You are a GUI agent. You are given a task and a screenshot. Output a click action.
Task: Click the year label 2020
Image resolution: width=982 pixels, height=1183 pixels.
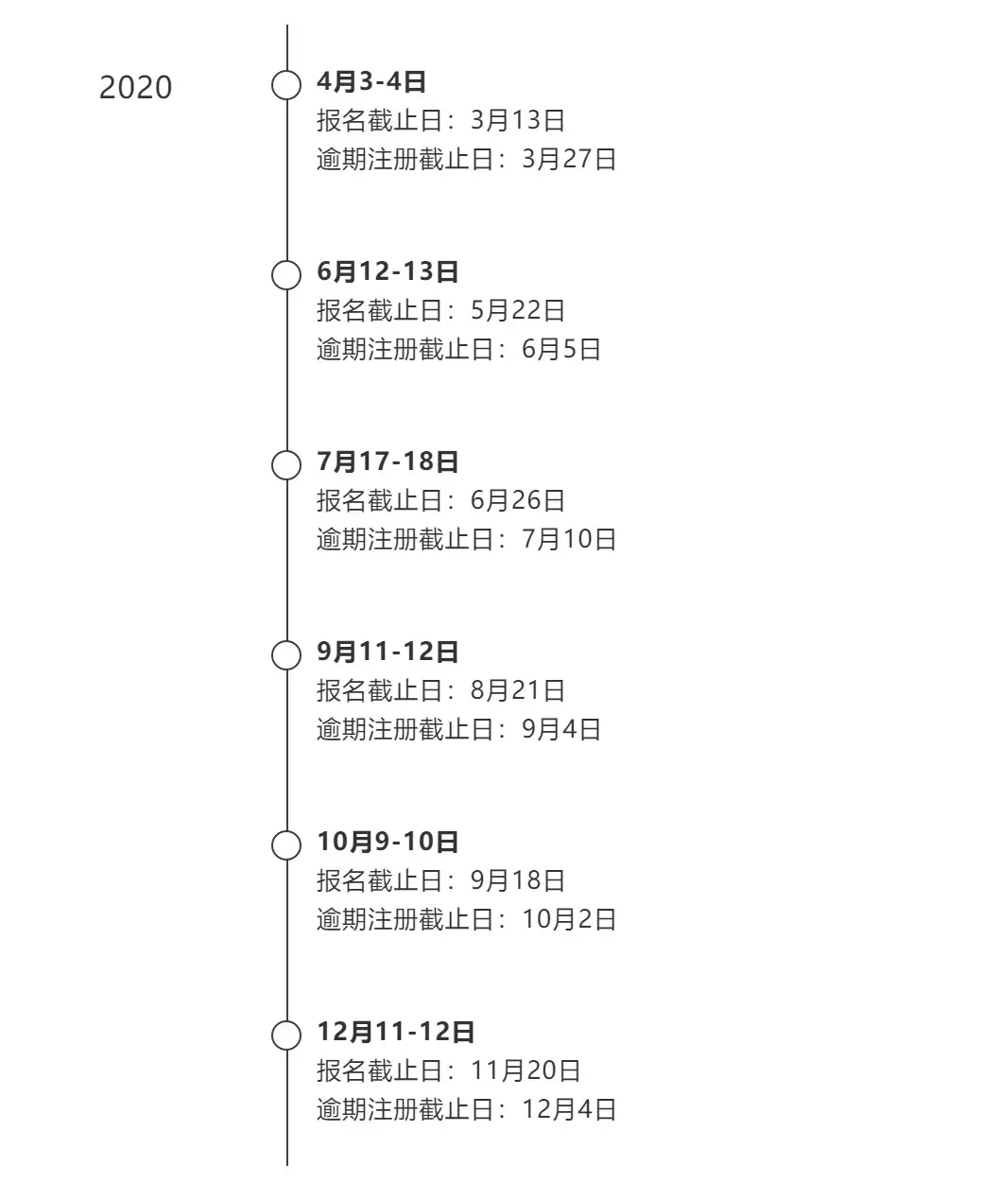(x=135, y=87)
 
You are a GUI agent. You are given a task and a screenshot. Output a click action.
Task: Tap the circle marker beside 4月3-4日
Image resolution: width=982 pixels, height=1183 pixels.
(x=273, y=85)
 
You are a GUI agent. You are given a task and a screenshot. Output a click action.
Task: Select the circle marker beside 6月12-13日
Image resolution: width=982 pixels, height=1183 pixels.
(x=273, y=275)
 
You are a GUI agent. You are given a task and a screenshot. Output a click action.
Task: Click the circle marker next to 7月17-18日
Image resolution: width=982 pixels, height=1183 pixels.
(x=273, y=465)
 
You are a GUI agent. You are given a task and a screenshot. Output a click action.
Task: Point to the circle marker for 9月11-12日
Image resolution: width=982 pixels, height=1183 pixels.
(x=273, y=655)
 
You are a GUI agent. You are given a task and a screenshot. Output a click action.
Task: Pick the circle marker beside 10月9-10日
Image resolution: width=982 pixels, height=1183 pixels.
(x=273, y=845)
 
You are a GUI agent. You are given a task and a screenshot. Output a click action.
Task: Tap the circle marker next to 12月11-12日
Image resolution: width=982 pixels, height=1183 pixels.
(x=273, y=1035)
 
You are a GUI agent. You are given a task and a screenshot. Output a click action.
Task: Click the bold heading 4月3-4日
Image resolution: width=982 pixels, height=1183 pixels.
(x=370, y=81)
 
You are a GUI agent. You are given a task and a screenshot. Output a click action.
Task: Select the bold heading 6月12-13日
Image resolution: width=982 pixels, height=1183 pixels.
(x=388, y=271)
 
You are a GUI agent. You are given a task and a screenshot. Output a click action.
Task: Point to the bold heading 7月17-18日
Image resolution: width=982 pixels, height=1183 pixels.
(x=388, y=461)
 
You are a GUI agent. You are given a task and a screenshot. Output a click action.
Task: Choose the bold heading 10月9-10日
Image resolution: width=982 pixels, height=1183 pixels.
(x=388, y=842)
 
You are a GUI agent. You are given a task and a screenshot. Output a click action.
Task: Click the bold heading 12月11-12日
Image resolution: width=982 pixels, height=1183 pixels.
(x=395, y=1032)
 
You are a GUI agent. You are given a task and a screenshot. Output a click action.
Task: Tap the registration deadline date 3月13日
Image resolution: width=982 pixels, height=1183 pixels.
(x=518, y=121)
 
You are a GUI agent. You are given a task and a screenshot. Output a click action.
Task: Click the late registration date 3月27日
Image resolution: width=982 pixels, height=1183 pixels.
(x=569, y=159)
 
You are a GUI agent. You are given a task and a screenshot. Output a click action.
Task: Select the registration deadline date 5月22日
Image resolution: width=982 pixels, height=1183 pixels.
(x=518, y=310)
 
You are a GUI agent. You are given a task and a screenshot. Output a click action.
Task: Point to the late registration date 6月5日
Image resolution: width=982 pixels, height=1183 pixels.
(x=560, y=349)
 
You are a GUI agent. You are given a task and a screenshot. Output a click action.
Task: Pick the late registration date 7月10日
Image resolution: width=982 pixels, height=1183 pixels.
(x=569, y=539)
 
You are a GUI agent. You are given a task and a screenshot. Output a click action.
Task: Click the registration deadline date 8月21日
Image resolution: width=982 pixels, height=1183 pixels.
(x=518, y=690)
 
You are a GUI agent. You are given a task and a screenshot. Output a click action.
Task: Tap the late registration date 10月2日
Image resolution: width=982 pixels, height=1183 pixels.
(x=569, y=919)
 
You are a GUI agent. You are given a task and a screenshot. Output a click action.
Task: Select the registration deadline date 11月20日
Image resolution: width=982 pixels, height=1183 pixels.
(x=525, y=1070)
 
